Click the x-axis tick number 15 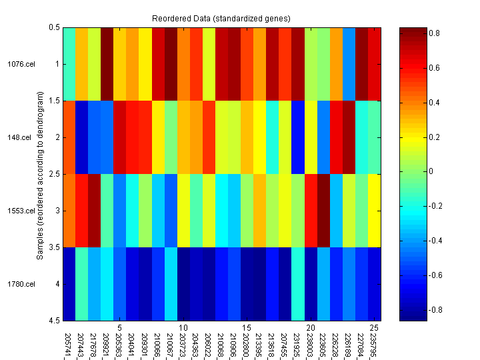[x=247, y=327]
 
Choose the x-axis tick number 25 [x=374, y=327]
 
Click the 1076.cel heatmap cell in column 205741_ [x=69, y=64]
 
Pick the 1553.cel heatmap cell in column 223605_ [x=323, y=211]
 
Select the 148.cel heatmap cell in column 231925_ [x=298, y=137]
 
